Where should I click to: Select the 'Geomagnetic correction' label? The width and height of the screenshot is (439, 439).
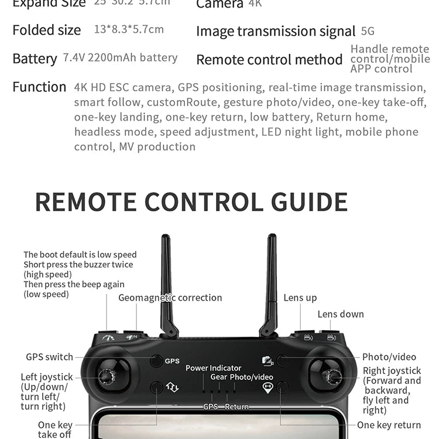point(170,298)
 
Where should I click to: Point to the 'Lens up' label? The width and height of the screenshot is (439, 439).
point(300,298)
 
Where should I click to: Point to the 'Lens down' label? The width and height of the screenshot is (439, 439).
point(341,314)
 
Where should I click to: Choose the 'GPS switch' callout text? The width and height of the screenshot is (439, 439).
point(49,357)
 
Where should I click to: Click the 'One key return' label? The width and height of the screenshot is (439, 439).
point(389,425)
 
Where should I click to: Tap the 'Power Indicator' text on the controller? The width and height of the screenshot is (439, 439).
point(213,368)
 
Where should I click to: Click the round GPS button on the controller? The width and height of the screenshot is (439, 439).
point(156,361)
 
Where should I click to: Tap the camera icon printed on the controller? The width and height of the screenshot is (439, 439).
point(267,361)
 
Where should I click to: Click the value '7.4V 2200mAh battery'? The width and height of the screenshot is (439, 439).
point(120,57)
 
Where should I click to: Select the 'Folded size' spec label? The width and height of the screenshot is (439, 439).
point(47,30)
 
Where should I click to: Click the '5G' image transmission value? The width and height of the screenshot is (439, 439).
point(368,31)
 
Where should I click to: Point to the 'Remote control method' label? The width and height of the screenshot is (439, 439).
point(269,60)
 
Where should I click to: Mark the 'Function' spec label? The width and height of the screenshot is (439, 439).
point(39,87)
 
